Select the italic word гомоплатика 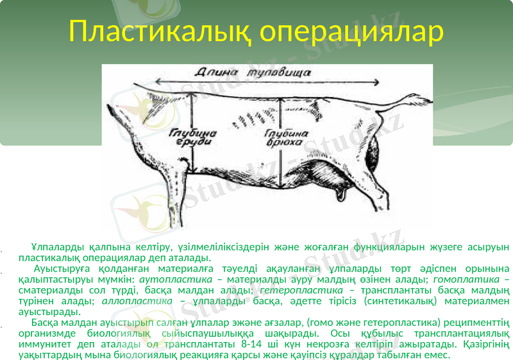pyautogui.click(x=467, y=280)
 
